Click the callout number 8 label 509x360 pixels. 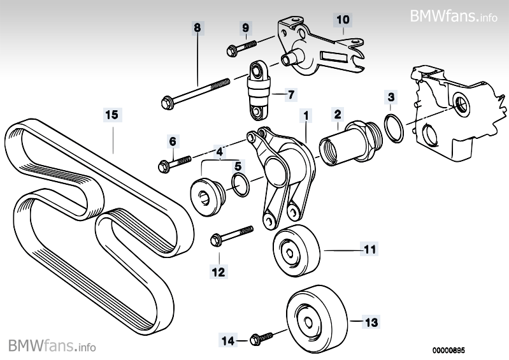point(197,27)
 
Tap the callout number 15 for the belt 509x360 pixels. point(112,115)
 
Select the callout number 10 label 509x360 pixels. point(343,20)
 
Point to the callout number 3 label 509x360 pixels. point(391,97)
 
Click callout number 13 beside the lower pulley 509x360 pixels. point(371,322)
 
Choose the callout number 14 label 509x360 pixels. point(226,340)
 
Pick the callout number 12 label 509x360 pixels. point(219,272)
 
